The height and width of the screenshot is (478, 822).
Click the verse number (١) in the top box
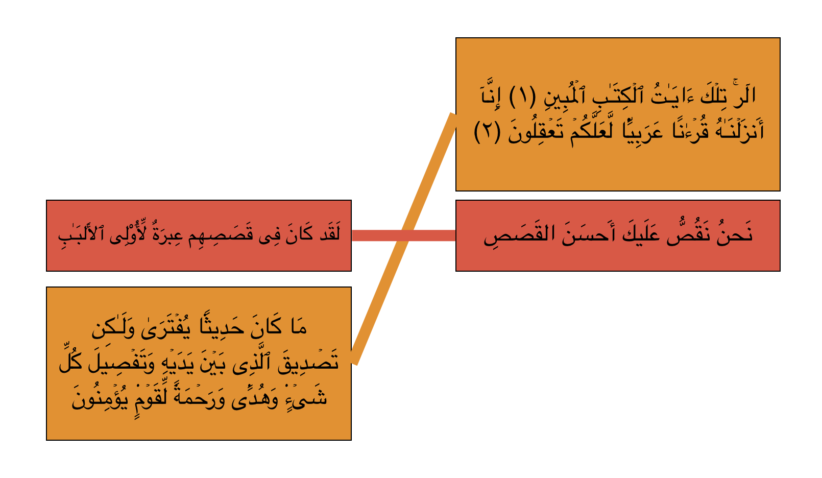tap(522, 96)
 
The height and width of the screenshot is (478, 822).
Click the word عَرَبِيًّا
tap(643, 130)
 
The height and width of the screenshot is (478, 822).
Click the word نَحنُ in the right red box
tap(733, 234)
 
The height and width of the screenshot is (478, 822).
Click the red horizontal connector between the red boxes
tap(404, 235)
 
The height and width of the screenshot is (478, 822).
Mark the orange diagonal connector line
tap(404, 238)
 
